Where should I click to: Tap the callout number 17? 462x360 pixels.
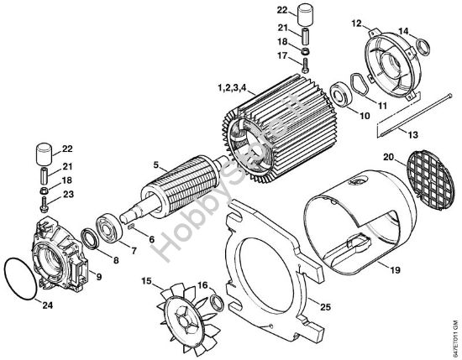[307, 57]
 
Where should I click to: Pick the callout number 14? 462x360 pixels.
[404, 31]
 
